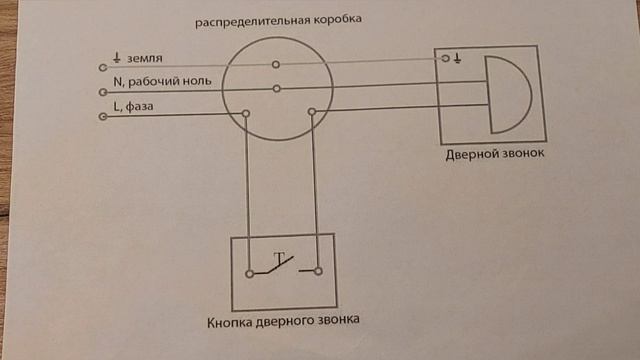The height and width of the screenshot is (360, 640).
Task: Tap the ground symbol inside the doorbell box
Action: [457, 59]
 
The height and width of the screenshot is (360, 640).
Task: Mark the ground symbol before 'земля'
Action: [118, 59]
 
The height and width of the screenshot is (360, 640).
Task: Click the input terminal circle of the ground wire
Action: [103, 66]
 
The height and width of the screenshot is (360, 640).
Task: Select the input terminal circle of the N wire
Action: [103, 91]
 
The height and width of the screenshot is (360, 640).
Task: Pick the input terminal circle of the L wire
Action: [103, 116]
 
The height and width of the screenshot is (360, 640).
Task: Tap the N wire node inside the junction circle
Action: [273, 89]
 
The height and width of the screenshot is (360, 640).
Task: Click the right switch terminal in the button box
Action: [317, 270]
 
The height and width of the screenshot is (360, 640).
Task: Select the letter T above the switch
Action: [278, 258]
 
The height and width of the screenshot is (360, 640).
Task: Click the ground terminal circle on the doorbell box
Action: [445, 59]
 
